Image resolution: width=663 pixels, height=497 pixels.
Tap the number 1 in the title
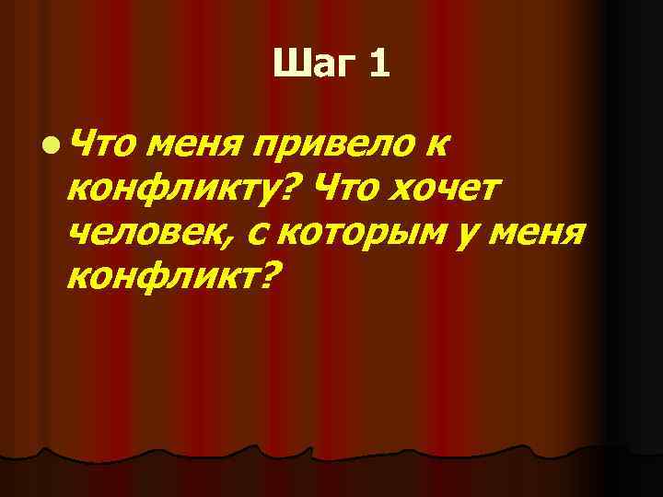pos(379,64)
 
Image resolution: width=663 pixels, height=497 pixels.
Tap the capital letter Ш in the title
pos(290,64)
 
